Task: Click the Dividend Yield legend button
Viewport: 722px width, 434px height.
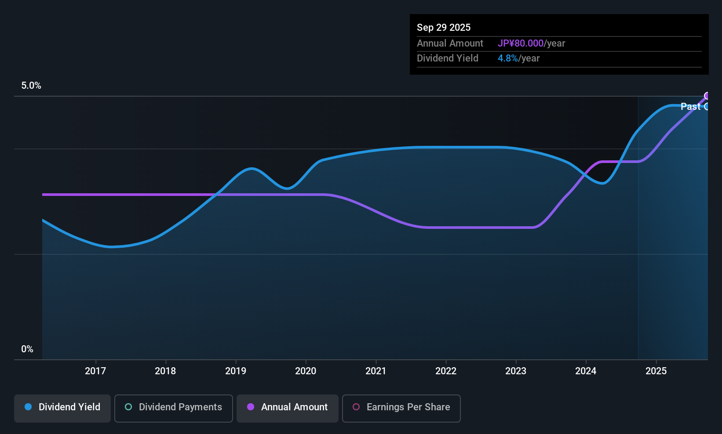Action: tap(62, 407)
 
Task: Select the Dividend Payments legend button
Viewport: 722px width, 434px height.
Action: tap(174, 407)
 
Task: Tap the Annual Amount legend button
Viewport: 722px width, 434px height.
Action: tap(288, 407)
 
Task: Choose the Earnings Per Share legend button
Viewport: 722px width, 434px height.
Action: tap(401, 407)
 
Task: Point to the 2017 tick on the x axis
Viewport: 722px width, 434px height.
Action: tap(95, 371)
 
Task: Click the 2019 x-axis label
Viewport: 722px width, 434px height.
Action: tap(236, 371)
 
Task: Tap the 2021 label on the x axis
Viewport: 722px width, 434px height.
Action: tap(376, 371)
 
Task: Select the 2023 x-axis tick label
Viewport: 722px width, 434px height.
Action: tap(516, 371)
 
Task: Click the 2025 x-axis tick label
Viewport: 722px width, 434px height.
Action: tap(656, 371)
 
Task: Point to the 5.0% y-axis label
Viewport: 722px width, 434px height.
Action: tap(31, 86)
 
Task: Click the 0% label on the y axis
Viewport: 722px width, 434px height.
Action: tap(27, 349)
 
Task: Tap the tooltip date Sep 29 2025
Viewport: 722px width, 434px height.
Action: tap(444, 27)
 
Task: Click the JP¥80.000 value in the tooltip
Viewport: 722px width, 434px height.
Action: tap(521, 43)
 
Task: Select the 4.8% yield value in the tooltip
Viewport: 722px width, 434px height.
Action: tap(507, 58)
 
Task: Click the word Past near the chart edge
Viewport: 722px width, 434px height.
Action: tap(690, 106)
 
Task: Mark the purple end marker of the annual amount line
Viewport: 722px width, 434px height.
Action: tap(707, 96)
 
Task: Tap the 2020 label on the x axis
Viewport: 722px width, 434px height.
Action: tap(306, 371)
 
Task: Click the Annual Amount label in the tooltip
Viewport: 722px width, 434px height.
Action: tap(450, 43)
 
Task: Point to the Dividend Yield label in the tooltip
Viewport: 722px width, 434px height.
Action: tap(448, 58)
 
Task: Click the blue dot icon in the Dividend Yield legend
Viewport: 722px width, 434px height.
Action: tap(28, 407)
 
